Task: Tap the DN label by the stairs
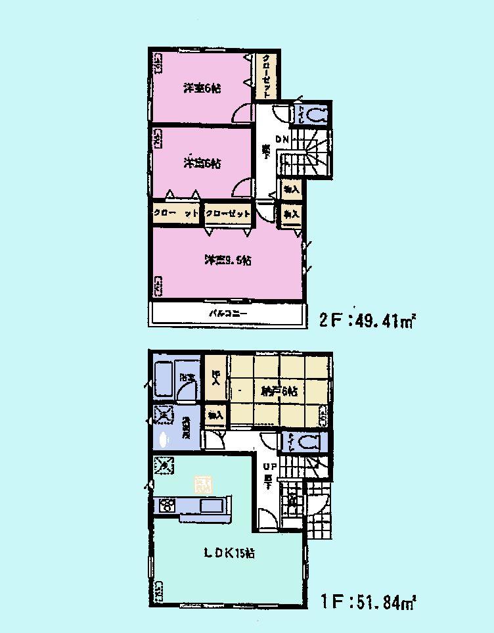282,139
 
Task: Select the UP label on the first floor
269,466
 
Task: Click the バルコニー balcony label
228,314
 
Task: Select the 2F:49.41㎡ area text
369,321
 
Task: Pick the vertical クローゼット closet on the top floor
266,76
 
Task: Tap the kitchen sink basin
211,506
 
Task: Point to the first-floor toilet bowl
309,440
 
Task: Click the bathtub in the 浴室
164,379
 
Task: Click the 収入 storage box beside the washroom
215,415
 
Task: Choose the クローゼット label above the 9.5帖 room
227,214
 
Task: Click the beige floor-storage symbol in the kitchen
202,485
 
